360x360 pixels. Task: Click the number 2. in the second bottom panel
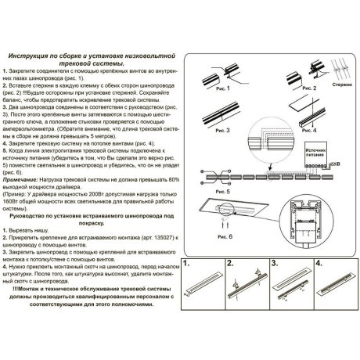pyautogui.click(x=232, y=284)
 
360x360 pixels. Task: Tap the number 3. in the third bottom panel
pyautogui.click(x=275, y=284)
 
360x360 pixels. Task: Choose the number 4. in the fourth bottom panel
pyautogui.click(x=319, y=284)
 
